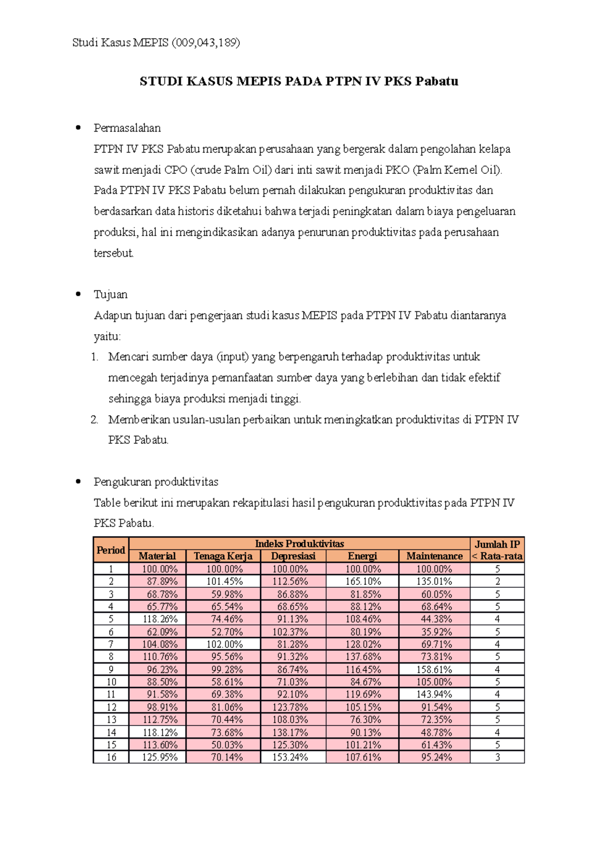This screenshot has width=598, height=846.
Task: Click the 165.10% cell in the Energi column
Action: point(363,581)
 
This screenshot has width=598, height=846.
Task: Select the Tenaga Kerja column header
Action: point(223,556)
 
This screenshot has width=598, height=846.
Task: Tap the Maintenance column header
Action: point(434,556)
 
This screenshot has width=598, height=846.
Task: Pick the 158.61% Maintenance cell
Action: point(434,670)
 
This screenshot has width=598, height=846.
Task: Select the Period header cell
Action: point(111,550)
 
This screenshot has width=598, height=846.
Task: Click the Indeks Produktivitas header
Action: point(299,544)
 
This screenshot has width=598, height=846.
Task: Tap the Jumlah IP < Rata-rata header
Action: point(497,550)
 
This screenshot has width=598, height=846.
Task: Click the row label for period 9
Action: point(111,670)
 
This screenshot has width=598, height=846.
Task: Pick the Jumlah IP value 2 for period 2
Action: point(497,581)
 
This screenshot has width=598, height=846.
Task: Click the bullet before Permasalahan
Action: point(78,128)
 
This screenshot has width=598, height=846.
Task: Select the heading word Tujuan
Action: point(110,294)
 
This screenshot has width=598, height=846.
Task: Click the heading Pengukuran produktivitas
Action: point(156,482)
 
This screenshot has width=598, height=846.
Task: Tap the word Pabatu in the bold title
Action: point(437,81)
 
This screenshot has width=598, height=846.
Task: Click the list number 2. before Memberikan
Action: point(95,420)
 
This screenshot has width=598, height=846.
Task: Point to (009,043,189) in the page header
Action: point(205,43)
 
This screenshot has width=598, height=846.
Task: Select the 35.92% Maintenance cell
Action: point(434,632)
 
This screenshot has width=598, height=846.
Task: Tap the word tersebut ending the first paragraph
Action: point(114,253)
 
